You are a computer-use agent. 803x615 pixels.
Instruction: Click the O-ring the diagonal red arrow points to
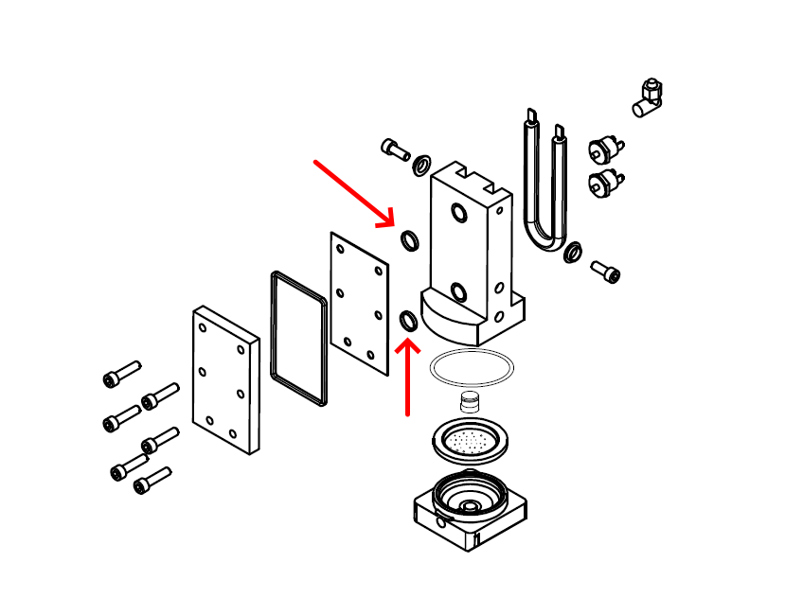click(410, 240)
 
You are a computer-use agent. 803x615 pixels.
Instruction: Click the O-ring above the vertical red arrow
click(409, 322)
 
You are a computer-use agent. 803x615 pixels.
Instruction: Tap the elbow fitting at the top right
click(650, 97)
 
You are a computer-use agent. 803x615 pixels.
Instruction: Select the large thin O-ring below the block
click(473, 367)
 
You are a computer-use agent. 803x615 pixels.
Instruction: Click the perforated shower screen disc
click(473, 440)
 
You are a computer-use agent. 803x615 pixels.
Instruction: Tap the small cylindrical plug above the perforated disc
click(471, 401)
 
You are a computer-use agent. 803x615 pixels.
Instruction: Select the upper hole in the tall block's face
click(458, 213)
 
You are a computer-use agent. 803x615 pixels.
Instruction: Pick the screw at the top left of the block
click(394, 149)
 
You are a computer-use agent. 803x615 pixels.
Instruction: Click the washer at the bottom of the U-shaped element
click(572, 253)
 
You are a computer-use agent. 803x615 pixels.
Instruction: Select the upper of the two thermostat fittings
click(603, 150)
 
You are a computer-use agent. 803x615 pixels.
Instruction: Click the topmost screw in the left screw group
click(121, 374)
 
